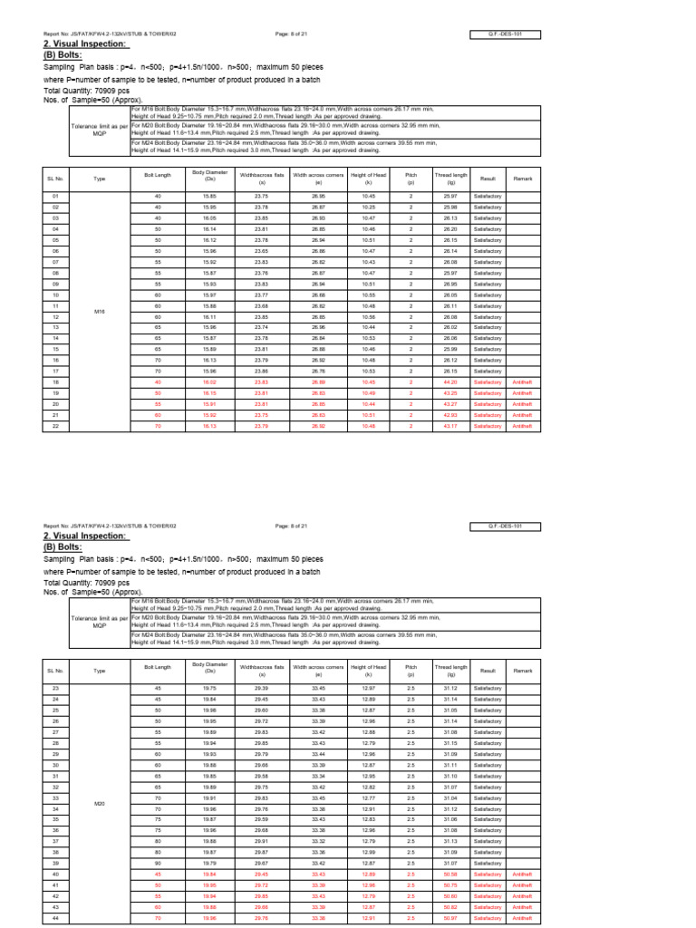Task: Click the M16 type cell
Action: [101, 311]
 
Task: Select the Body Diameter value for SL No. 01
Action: [209, 196]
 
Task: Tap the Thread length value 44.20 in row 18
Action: [450, 382]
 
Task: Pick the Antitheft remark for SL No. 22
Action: [523, 426]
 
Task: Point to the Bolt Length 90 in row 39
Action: [157, 864]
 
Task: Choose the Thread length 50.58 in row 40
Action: [450, 875]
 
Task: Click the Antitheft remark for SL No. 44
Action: [523, 918]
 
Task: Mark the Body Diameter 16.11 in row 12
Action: [209, 317]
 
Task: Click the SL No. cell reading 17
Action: [55, 372]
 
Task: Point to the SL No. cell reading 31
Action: [55, 776]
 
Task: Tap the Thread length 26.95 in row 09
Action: [450, 284]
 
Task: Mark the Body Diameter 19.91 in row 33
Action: [209, 797]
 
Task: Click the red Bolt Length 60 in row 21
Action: [157, 415]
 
